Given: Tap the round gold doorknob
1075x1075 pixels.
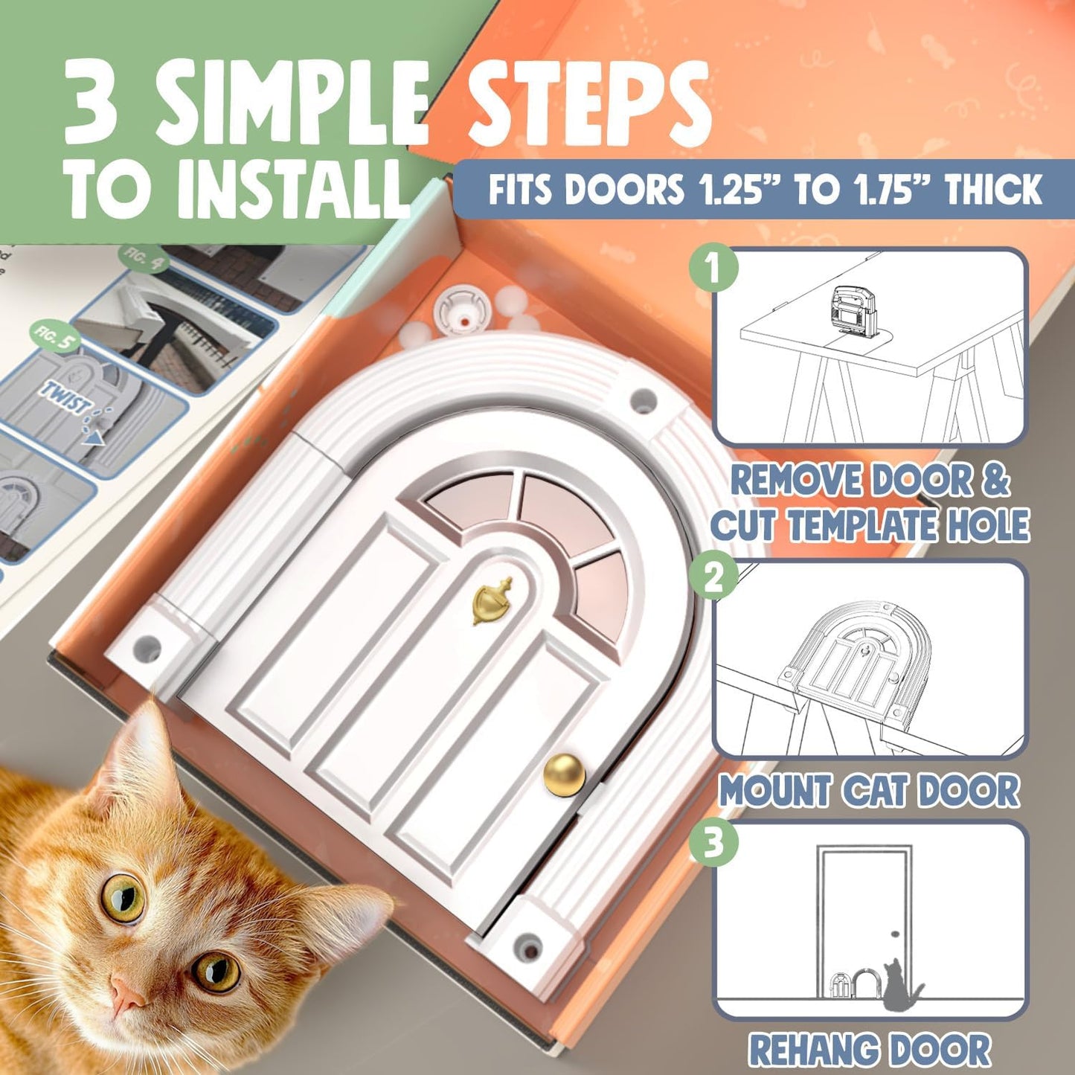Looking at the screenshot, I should click(x=564, y=774).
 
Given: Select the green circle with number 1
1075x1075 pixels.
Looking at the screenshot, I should click(x=713, y=268).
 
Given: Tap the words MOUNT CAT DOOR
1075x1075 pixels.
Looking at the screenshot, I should click(x=868, y=790).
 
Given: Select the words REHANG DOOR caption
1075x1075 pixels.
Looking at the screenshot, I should click(x=868, y=1050).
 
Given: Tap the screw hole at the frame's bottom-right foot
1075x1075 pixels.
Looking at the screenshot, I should click(x=529, y=943).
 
